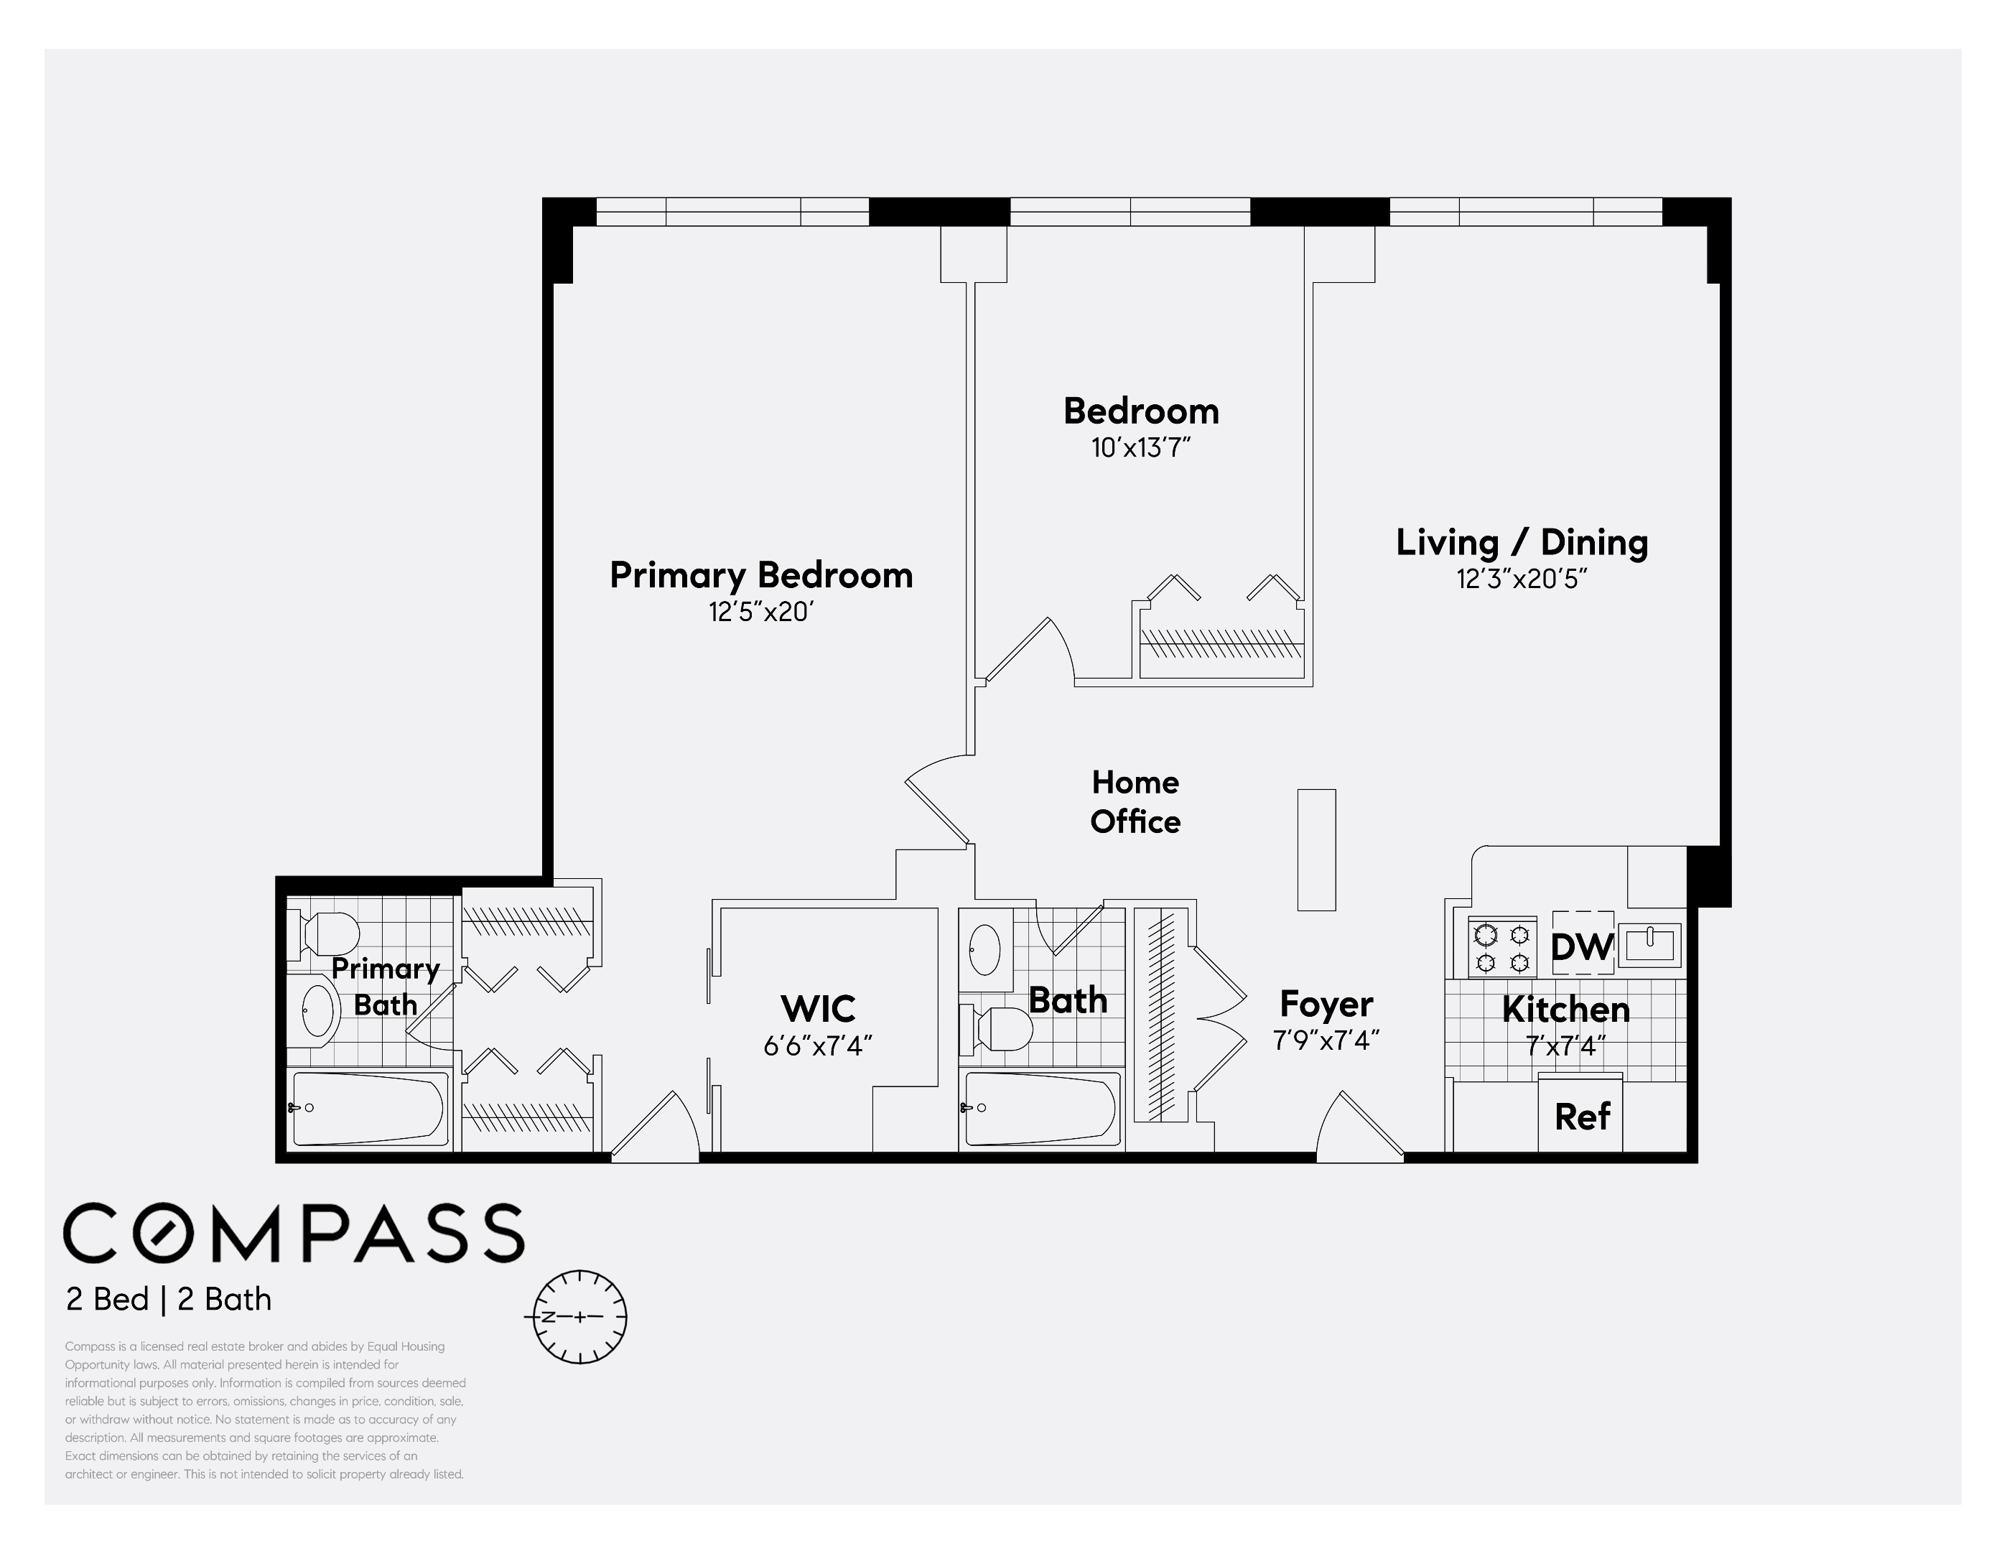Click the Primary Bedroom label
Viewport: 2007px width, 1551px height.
761,575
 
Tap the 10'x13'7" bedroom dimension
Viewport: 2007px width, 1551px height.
1140,448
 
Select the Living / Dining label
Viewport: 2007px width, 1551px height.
1522,542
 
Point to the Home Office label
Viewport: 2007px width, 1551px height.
1135,801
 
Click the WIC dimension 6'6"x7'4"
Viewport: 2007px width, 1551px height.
817,1045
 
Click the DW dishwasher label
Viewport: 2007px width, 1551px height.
1581,946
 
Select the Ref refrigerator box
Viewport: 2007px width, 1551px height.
1580,1117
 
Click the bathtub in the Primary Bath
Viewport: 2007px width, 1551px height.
369,1109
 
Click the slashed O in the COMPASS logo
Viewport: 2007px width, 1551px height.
169,1233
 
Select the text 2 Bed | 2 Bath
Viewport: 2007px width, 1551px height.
168,1299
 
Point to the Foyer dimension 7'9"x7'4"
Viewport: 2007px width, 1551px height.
1325,1040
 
